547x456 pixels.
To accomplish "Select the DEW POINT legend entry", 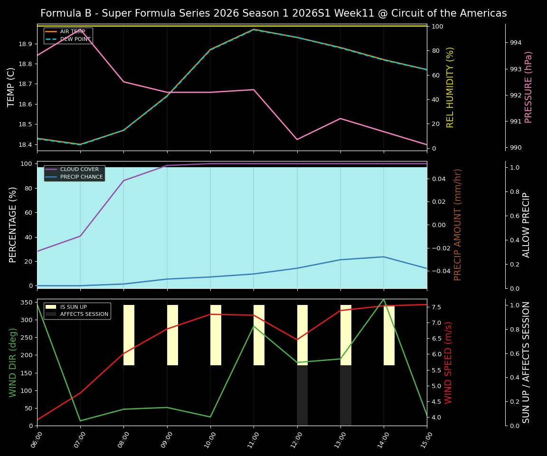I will tap(75, 39).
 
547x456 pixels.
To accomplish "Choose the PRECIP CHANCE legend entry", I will tap(81, 177).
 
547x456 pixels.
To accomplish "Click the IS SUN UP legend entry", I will tap(73, 307).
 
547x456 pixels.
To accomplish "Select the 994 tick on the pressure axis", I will tap(516, 43).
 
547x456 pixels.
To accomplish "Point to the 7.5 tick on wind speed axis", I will tap(435, 307).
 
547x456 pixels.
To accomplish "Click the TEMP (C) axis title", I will tap(11, 87).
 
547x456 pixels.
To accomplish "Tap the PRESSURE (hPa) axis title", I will tap(528, 87).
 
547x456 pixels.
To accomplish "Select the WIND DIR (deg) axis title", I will tap(13, 362).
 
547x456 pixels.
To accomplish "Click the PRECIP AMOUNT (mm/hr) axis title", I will tap(458, 225).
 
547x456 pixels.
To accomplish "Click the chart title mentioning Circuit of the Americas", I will tap(273, 13).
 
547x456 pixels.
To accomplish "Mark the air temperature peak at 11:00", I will tap(254, 29).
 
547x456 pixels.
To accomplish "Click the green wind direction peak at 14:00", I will tap(384, 299).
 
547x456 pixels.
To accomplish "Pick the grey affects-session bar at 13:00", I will tap(346, 395).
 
